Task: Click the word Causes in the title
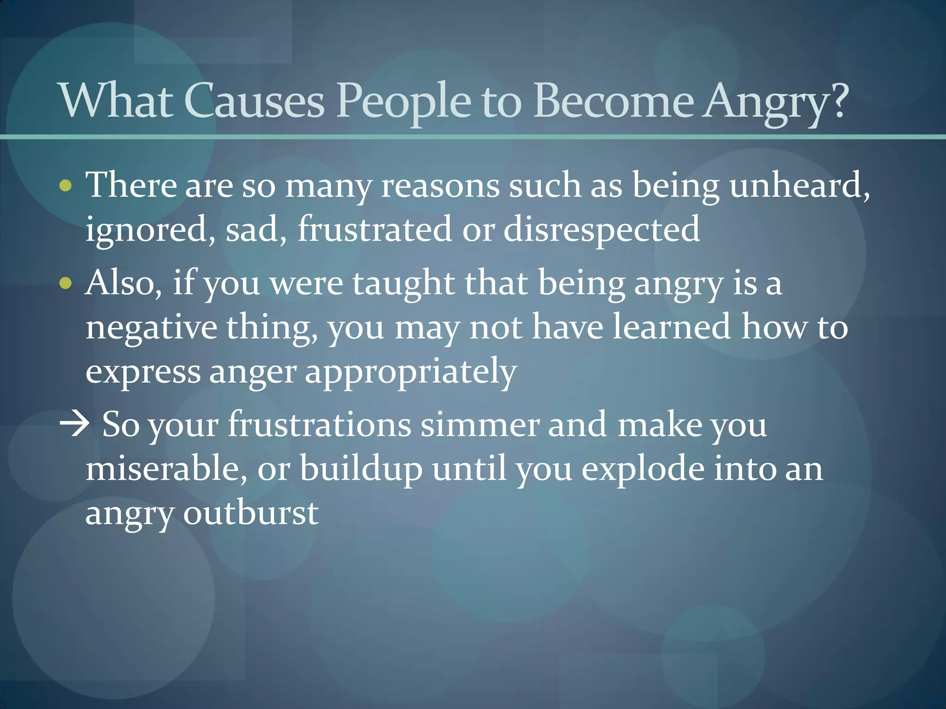pos(254,101)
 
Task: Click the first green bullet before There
pos(66,186)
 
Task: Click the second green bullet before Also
pos(66,283)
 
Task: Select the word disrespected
pos(601,229)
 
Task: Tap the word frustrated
pos(374,229)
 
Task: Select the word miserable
pos(165,469)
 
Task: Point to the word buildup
pos(361,469)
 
